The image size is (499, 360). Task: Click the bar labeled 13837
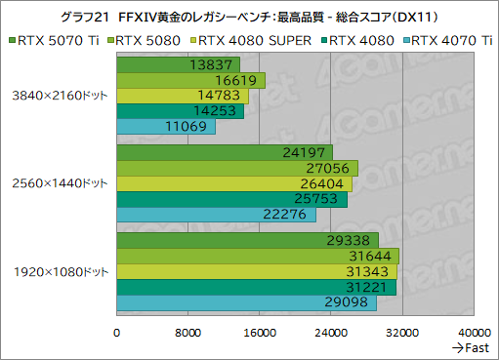178,64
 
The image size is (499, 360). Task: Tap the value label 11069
191,127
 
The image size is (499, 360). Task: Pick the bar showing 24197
225,152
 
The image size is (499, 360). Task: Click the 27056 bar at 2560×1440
237,168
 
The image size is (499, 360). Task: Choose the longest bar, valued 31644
258,256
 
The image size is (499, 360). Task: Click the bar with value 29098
246,302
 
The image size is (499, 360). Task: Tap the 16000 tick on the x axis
259,332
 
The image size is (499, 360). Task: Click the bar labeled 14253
180,111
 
